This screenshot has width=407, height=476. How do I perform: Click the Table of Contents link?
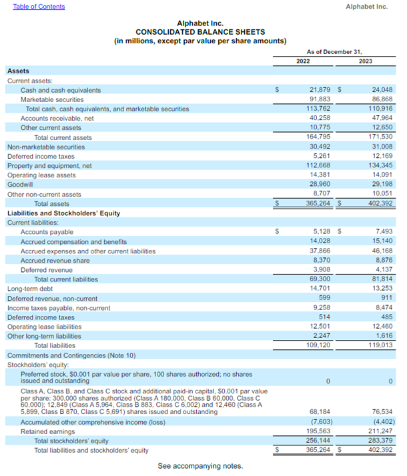pyautogui.click(x=39, y=7)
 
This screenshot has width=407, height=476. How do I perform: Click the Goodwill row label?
pyautogui.click(x=19, y=185)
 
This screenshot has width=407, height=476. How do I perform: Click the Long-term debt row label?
pyautogui.click(x=30, y=289)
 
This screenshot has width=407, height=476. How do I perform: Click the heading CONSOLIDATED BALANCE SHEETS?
pyautogui.click(x=199, y=32)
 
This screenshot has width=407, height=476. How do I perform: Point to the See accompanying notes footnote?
pyautogui.click(x=200, y=466)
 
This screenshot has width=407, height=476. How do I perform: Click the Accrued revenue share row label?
pyautogui.click(x=55, y=261)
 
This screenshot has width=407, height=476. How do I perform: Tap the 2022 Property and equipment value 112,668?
pyautogui.click(x=319, y=165)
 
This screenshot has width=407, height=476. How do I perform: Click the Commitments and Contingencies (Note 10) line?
pyautogui.click(x=71, y=355)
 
